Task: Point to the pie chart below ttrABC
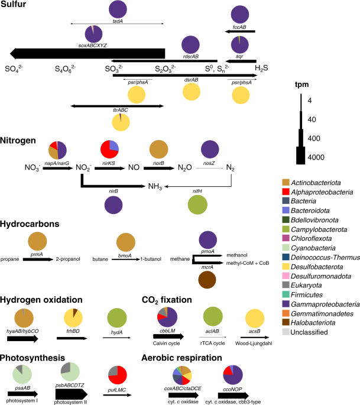coord(121,121)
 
